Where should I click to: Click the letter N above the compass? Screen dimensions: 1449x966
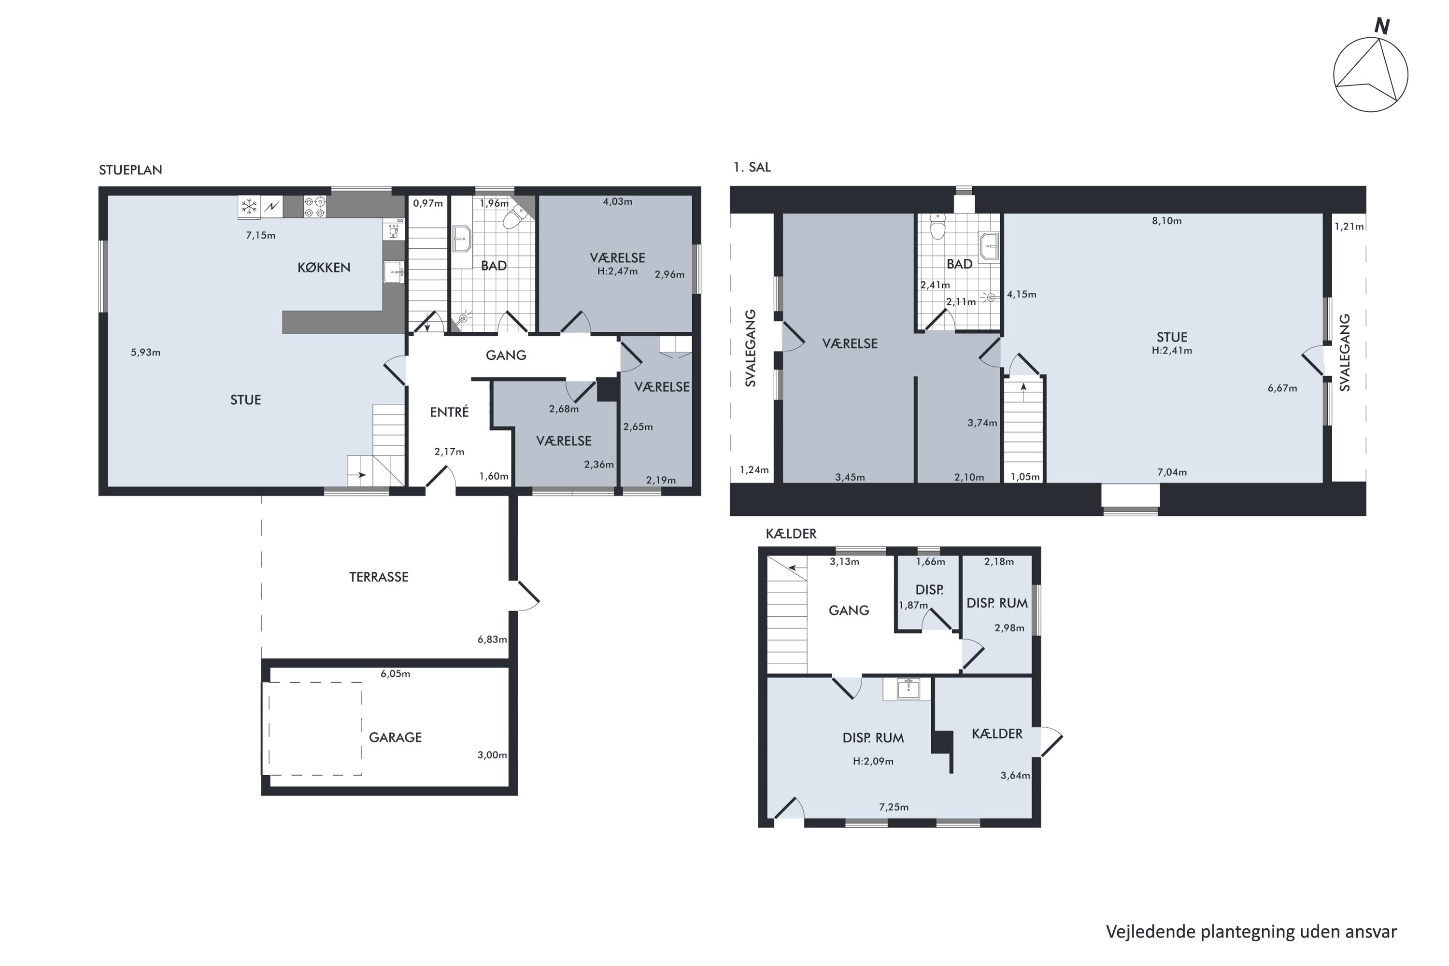coord(1382,27)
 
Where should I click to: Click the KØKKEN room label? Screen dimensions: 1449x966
coord(324,268)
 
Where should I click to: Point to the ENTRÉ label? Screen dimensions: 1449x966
coord(449,412)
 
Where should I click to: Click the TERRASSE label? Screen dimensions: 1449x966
coord(378,577)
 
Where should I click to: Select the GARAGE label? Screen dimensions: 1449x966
coord(395,738)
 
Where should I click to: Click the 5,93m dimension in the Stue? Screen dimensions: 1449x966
coord(145,353)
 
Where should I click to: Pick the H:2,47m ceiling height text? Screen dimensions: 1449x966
coord(617,271)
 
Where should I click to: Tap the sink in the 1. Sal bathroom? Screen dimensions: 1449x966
coord(989,246)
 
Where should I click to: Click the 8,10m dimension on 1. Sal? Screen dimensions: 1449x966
coord(1166,221)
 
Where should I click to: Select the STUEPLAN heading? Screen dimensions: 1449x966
coord(130,170)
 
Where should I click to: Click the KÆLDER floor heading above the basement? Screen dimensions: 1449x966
coord(791,534)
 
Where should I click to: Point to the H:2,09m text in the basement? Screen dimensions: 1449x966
coord(873,762)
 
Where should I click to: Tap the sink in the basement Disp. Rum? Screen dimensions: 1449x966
coord(908,689)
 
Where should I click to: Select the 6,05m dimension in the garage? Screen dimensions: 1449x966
coord(395,674)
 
